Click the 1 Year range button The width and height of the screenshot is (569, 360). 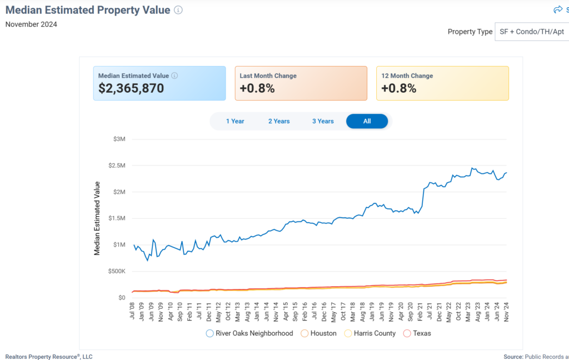(235, 121)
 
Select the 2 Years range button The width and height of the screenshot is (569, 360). (279, 121)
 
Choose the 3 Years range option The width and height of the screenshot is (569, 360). (323, 121)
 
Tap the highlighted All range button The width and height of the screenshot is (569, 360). (367, 121)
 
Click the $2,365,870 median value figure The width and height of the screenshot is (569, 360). (131, 88)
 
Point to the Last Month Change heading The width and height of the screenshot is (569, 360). (268, 76)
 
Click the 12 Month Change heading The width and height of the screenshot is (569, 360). (407, 76)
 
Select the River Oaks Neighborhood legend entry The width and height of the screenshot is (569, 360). (249, 333)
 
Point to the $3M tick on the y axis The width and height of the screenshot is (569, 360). (119, 139)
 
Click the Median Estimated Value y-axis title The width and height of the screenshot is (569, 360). (97, 218)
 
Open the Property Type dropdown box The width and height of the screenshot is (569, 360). (531, 32)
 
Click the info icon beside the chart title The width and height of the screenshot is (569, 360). (178, 10)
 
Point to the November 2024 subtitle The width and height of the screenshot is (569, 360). (31, 24)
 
